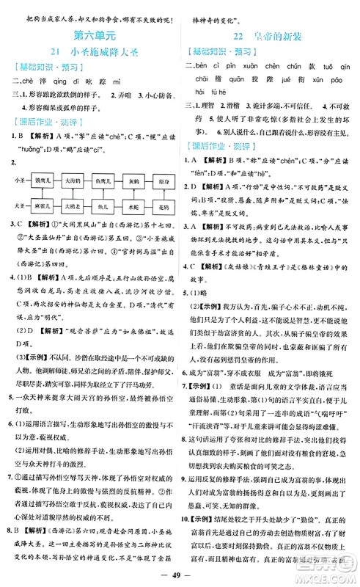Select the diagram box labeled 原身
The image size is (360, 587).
(x=163, y=181)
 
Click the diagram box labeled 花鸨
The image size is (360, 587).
(x=163, y=206)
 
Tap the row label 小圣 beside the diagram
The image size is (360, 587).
(x=20, y=180)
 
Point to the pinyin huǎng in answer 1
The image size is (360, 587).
(x=23, y=157)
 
